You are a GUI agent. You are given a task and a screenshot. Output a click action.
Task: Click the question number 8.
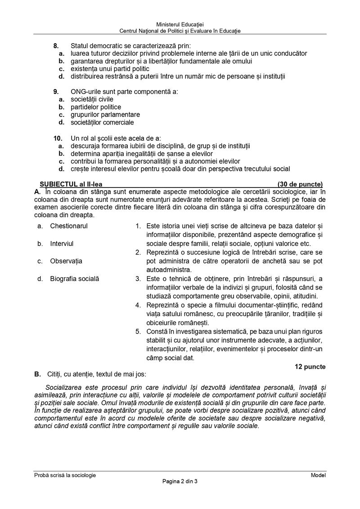click(x=56, y=46)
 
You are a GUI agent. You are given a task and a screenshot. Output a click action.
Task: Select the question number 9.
click(x=56, y=92)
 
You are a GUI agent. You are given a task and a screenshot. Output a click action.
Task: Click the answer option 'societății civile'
click(x=92, y=99)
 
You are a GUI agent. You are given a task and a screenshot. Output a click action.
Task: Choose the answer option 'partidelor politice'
click(x=96, y=107)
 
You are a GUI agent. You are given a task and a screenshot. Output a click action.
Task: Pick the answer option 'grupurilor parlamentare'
click(x=105, y=115)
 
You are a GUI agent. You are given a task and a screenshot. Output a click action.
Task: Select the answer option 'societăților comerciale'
click(x=102, y=122)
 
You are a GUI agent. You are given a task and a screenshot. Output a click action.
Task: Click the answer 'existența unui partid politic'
click(x=110, y=69)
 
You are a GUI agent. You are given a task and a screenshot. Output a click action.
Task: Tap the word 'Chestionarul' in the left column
click(x=69, y=226)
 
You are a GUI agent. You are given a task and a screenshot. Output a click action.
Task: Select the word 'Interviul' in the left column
click(x=62, y=243)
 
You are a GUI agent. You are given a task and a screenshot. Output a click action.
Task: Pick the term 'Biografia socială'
click(x=75, y=279)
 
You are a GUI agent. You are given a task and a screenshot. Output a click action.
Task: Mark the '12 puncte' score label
click(x=310, y=366)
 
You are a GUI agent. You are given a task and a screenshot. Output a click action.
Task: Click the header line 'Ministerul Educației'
click(x=180, y=23)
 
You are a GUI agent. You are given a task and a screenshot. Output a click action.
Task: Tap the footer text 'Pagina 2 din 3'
click(x=180, y=482)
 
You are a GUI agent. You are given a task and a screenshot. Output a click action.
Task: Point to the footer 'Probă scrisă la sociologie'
click(x=65, y=475)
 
